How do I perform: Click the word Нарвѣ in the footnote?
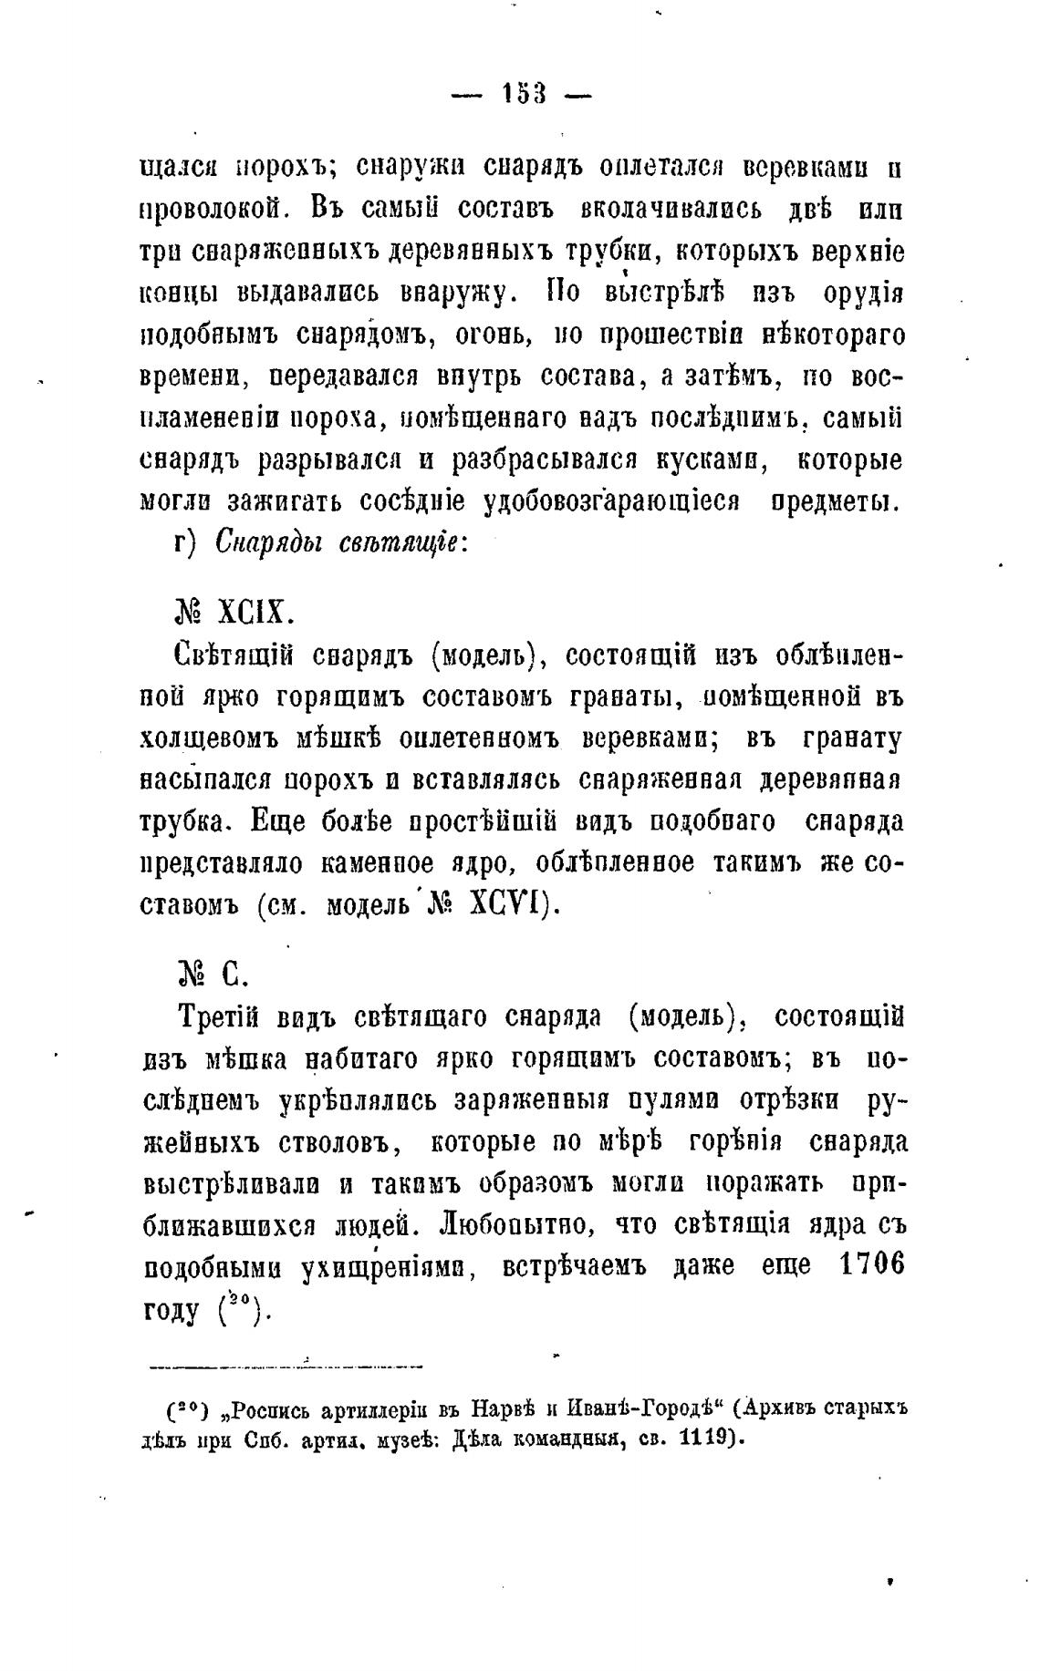[498, 1408]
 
